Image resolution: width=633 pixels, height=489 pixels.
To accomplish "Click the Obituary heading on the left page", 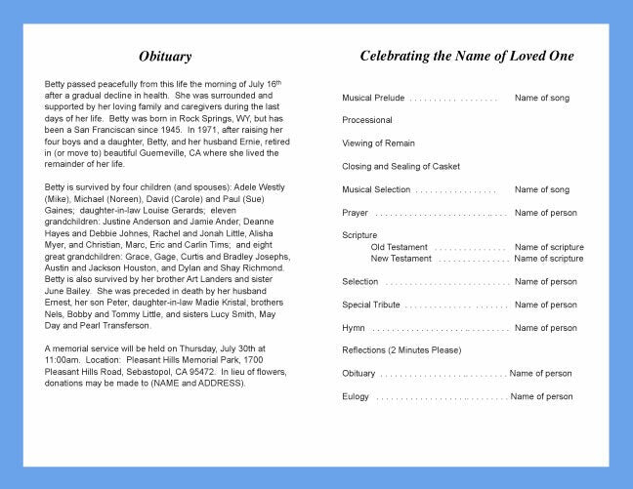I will [x=164, y=57].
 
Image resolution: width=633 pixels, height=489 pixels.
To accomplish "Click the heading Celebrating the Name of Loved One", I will [x=467, y=56].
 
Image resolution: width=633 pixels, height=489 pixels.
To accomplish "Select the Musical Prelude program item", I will [x=373, y=98].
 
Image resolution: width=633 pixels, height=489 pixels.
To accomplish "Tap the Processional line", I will [x=367, y=120].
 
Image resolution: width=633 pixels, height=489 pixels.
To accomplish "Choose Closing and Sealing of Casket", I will [x=401, y=166].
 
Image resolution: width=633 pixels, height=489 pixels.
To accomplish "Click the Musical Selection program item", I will [x=376, y=189].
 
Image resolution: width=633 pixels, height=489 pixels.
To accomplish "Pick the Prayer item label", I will [x=355, y=213].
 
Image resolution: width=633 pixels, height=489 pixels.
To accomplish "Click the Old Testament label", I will [x=399, y=247].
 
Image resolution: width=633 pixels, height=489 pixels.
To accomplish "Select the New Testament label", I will [x=401, y=259].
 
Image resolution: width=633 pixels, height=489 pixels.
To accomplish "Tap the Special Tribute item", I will [x=371, y=305].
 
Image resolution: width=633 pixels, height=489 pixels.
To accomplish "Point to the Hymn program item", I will [x=354, y=328].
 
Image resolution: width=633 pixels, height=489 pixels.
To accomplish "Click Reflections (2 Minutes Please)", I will [x=401, y=350].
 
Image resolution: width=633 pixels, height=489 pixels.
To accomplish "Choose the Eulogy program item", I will [x=356, y=396].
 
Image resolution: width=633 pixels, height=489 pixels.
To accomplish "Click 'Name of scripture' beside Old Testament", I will [x=549, y=247].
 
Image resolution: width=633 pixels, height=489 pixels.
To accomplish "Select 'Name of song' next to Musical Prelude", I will [x=542, y=98].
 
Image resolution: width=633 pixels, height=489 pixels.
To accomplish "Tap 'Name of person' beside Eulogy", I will [x=541, y=396].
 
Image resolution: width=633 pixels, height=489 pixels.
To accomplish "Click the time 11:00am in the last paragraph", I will [x=63, y=360].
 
